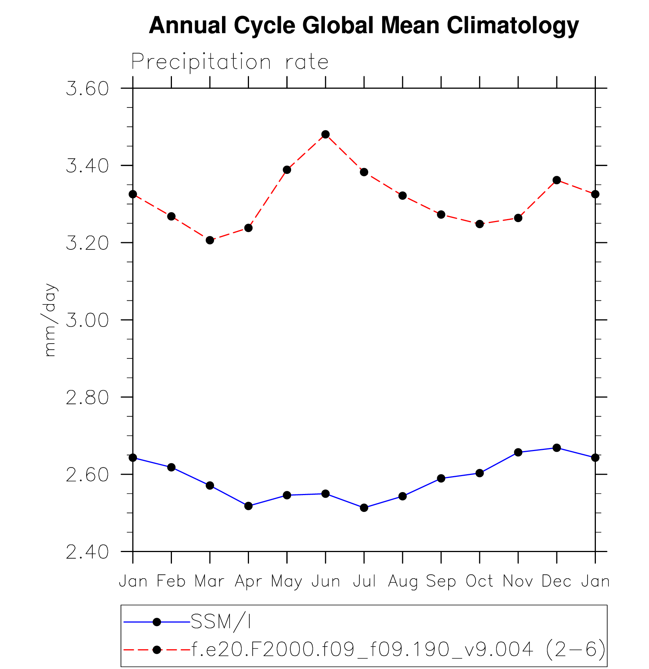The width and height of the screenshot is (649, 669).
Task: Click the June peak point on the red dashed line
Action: [325, 134]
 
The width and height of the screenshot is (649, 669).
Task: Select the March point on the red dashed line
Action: [210, 240]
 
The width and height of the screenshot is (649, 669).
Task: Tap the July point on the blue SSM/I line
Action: [364, 508]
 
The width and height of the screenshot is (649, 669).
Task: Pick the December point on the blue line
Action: [557, 448]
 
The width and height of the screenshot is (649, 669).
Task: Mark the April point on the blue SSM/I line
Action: [248, 506]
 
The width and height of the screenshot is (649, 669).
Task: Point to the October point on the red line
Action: [480, 224]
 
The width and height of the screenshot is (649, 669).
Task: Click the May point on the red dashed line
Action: [287, 170]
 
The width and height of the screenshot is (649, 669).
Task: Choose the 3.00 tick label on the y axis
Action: [87, 320]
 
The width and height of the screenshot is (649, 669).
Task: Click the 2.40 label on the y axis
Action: [87, 552]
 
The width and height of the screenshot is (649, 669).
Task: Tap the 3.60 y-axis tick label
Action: [87, 88]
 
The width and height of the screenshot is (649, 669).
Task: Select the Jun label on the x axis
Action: [325, 581]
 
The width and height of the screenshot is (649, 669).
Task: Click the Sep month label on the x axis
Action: [441, 581]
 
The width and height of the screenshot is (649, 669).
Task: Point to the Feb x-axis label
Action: [171, 581]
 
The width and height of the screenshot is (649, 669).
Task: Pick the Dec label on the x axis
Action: [557, 581]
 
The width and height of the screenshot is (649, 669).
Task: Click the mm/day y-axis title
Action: [50, 320]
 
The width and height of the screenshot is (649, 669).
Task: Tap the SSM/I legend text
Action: [221, 622]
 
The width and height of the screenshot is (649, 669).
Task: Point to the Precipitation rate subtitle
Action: [230, 62]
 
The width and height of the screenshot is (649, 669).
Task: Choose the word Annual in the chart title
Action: [188, 26]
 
